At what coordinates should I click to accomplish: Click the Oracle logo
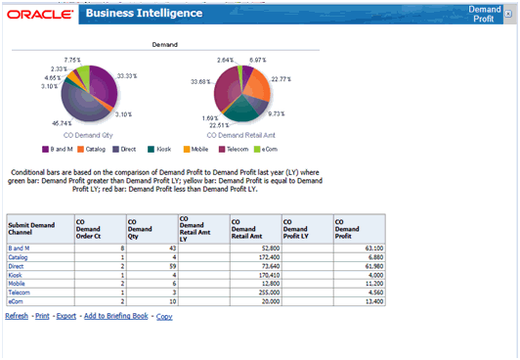coord(38,15)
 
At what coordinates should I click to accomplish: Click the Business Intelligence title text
coord(144,14)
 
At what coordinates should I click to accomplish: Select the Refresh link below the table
coord(17,316)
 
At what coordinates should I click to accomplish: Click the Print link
coord(43,316)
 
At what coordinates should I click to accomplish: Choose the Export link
coord(66,316)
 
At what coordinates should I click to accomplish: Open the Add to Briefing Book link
coord(115,316)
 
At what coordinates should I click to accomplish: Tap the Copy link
coord(164,316)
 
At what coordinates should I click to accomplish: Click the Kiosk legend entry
coord(163,149)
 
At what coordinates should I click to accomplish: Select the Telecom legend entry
coord(238,149)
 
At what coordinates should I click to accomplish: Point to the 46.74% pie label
coord(60,122)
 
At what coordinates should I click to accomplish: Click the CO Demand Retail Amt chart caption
coord(239,134)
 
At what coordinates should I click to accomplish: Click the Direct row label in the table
coord(16,266)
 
